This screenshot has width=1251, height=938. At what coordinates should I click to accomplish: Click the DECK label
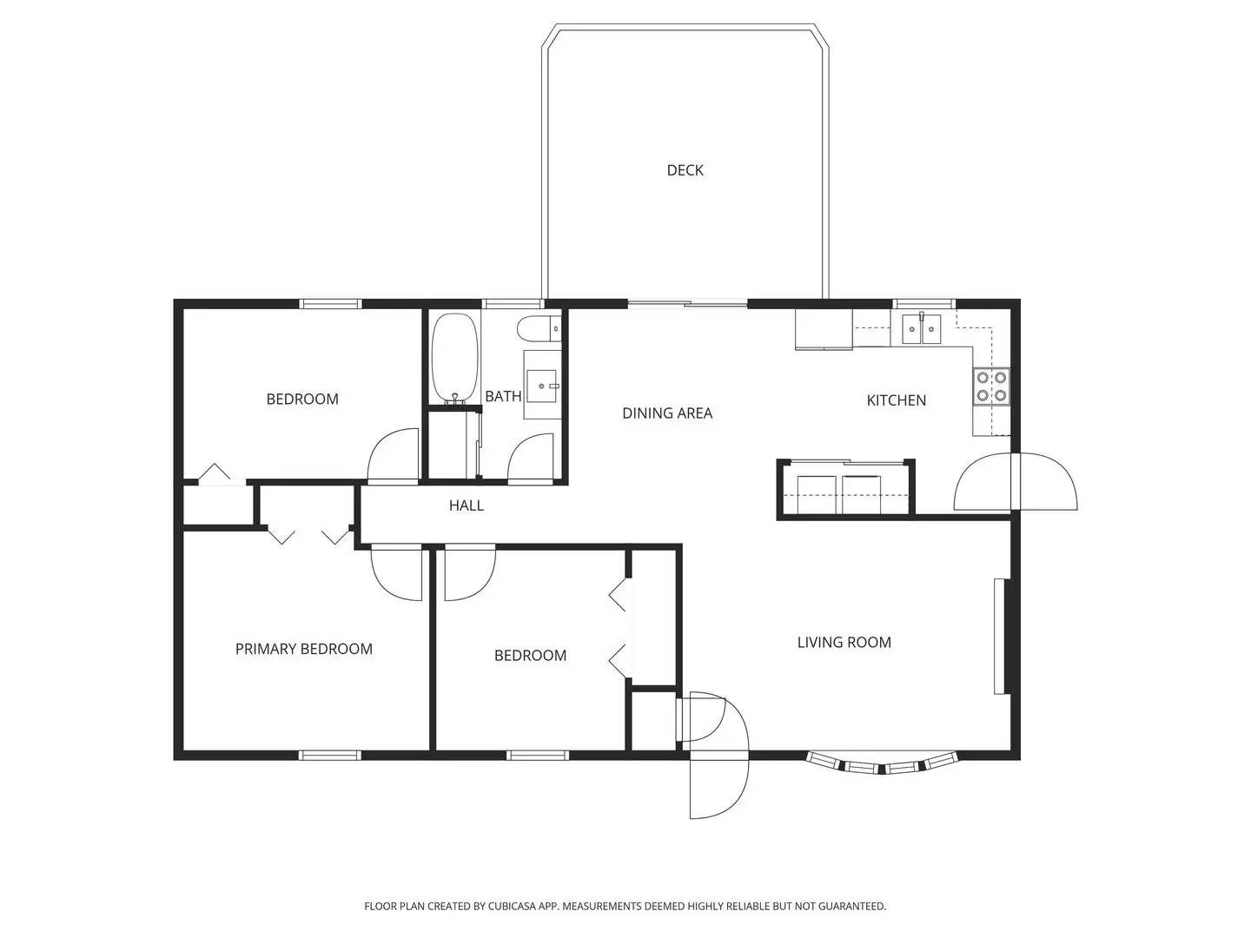coord(685,170)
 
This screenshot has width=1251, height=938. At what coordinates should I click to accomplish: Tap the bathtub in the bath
coord(454,357)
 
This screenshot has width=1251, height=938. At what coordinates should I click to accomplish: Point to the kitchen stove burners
coord(991,386)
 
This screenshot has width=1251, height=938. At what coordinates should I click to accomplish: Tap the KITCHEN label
coord(896,400)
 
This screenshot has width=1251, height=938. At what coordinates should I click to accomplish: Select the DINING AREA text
coord(666,413)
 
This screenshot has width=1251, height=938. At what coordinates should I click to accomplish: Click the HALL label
coord(466,505)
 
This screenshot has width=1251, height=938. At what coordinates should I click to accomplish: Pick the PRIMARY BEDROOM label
coord(303,649)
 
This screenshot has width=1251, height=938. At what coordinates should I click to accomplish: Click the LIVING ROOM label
coord(844,643)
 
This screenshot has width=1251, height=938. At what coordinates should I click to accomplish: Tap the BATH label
coord(502,397)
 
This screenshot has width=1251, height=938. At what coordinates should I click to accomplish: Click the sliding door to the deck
coord(687,304)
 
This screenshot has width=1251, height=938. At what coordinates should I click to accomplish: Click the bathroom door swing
coord(531,458)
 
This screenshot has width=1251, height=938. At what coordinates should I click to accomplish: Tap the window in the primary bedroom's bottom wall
coord(329,755)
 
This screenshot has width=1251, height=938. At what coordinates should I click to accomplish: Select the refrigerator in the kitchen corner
coord(824,329)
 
